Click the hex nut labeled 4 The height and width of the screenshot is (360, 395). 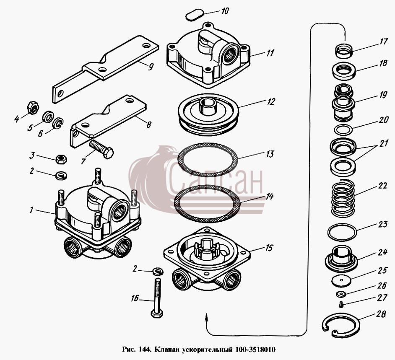(x=33, y=107)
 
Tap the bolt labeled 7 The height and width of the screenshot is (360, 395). (x=101, y=149)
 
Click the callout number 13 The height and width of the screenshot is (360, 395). (x=269, y=154)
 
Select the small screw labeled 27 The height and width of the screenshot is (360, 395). (x=341, y=305)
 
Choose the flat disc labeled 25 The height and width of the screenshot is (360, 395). (x=341, y=280)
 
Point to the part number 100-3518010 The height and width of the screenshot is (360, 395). (x=255, y=350)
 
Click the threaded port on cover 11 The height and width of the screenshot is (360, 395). (x=230, y=54)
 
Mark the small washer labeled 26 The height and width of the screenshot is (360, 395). (x=341, y=294)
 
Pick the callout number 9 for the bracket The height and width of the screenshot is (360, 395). (x=151, y=67)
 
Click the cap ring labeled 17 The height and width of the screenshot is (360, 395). (x=343, y=50)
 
